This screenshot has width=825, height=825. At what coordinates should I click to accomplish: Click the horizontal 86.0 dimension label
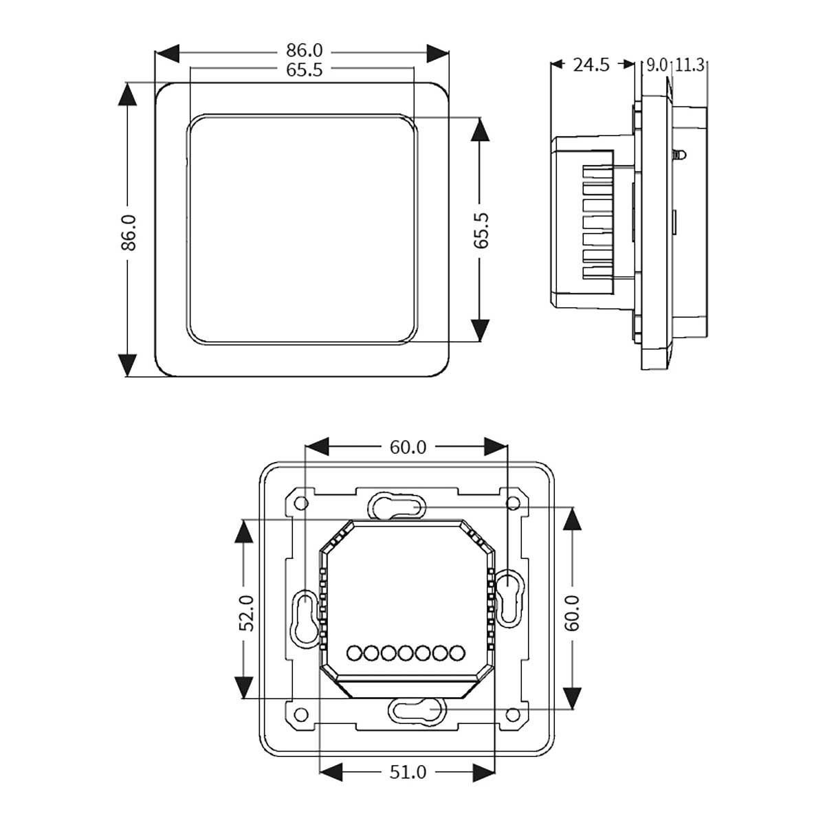pos(305,50)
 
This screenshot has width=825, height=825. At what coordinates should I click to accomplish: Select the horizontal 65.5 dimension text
pos(305,70)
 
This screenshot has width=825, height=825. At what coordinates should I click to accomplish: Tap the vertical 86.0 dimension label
pos(128,232)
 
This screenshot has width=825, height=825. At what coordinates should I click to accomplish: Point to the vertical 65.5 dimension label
pos(481,230)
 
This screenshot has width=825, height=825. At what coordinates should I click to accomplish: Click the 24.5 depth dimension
pos(591,65)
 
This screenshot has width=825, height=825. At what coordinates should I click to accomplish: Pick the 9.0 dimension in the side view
pos(657,65)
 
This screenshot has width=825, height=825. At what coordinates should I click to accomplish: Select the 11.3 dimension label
pos(690,65)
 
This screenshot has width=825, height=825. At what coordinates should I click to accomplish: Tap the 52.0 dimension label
pos(247,613)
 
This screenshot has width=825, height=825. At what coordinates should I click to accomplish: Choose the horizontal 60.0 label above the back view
pos(408,447)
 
